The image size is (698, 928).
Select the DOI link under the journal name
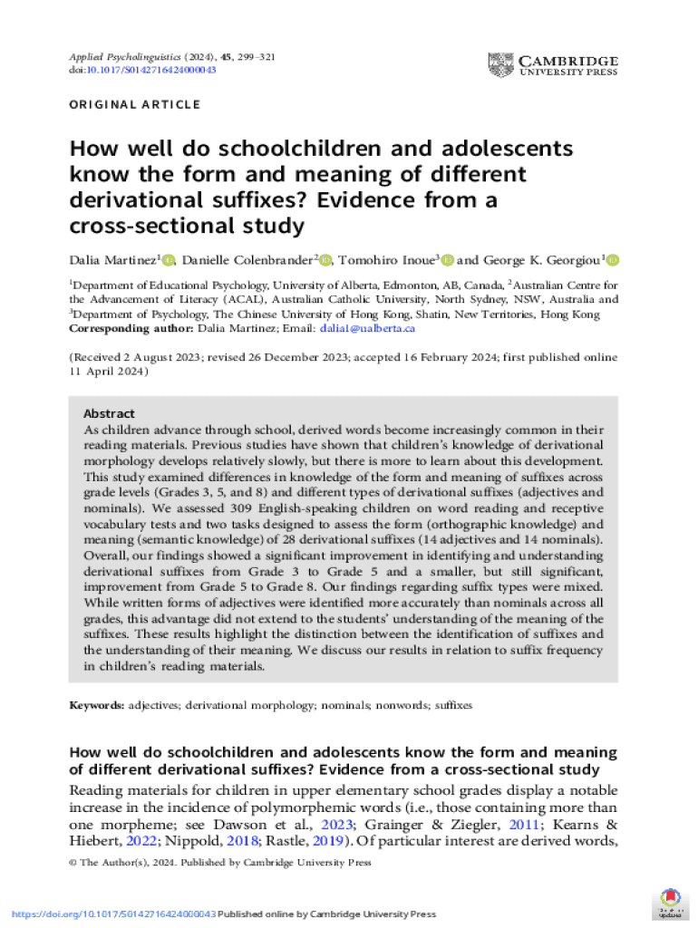point(142,70)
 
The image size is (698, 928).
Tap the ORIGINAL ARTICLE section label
point(135,105)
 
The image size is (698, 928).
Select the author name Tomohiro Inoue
point(388,261)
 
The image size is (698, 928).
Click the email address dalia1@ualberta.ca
point(367,328)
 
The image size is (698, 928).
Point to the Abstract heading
point(109,413)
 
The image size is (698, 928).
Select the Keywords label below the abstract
point(97,704)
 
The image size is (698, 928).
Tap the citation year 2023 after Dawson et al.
point(340,824)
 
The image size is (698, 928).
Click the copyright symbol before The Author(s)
point(73,864)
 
